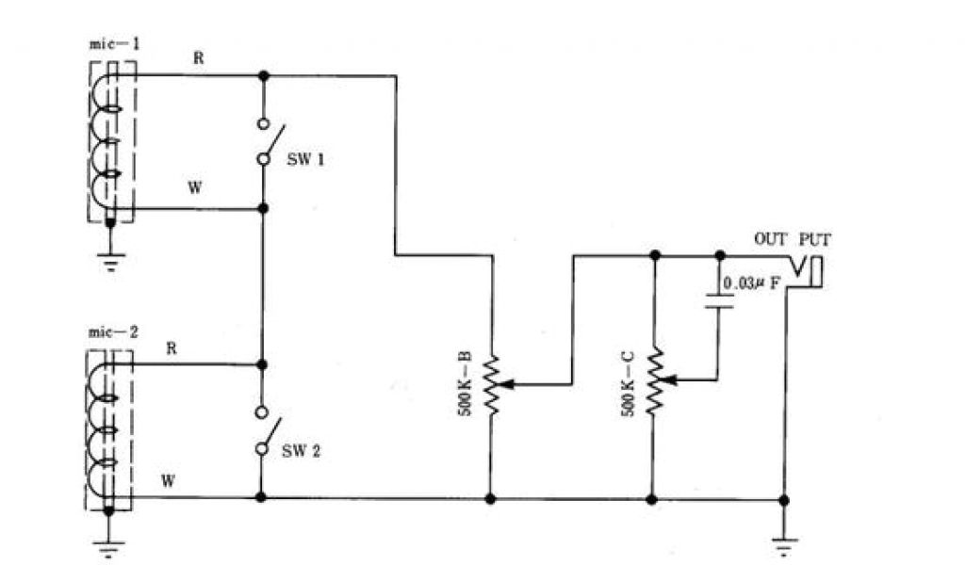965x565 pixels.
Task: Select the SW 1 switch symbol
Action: (x=265, y=141)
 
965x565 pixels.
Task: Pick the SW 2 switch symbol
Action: (x=265, y=429)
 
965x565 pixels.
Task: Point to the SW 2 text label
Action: (x=303, y=450)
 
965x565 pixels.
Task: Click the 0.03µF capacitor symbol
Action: (x=721, y=302)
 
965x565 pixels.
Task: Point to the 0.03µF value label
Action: (x=751, y=282)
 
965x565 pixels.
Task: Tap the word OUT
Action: (x=770, y=238)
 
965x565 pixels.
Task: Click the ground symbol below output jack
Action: (x=784, y=542)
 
